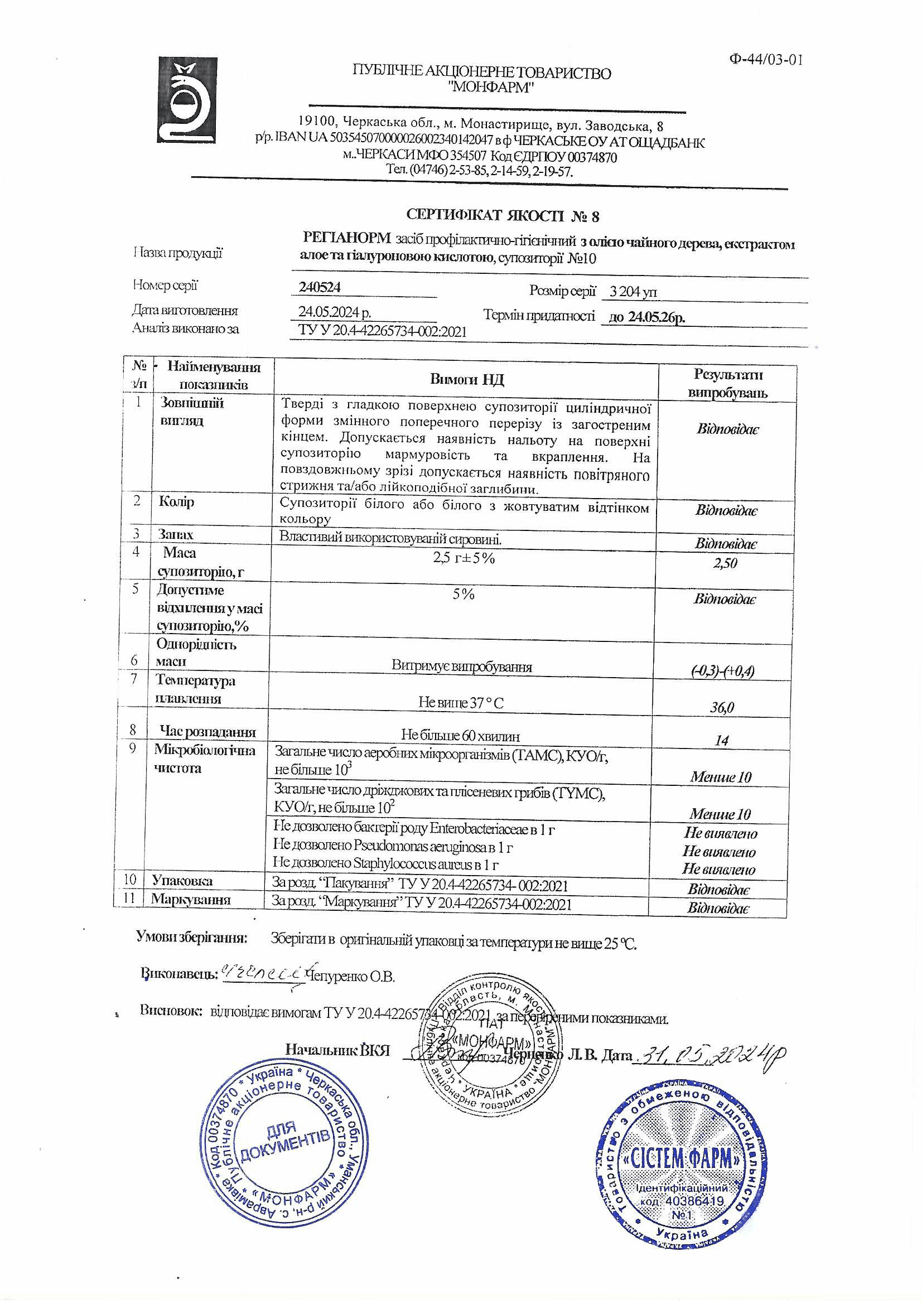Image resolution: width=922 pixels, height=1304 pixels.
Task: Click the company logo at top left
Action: coord(187,100)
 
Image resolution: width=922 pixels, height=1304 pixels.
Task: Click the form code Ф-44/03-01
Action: coord(766,60)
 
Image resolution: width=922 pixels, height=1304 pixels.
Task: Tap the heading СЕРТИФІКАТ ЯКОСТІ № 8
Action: coord(502,215)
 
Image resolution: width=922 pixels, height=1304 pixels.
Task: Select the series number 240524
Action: coord(320,287)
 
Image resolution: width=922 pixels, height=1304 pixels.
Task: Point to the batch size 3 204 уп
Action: coord(633,292)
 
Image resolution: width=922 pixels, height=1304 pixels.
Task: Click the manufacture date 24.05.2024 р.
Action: coord(335,312)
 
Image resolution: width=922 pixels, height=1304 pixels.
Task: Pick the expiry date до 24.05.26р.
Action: coord(646,317)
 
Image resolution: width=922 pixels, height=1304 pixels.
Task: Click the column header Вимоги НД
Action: coord(466,379)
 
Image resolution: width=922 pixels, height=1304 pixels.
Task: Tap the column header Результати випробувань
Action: coord(727,383)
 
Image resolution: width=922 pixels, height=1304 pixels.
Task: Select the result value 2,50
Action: coord(725,563)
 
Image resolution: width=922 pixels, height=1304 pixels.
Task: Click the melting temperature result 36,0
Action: coord(721,707)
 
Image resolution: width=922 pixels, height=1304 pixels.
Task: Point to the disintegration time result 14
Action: coord(721,740)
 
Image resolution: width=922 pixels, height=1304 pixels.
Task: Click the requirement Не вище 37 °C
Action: coord(461,703)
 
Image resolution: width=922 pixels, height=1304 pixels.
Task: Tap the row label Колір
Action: coord(177,502)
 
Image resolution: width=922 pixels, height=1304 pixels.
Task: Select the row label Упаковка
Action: coord(182,880)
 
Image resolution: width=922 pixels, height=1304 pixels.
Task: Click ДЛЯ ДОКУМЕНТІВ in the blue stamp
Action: coord(284,1143)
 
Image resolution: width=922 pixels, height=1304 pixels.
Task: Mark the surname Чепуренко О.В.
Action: coord(350,976)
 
